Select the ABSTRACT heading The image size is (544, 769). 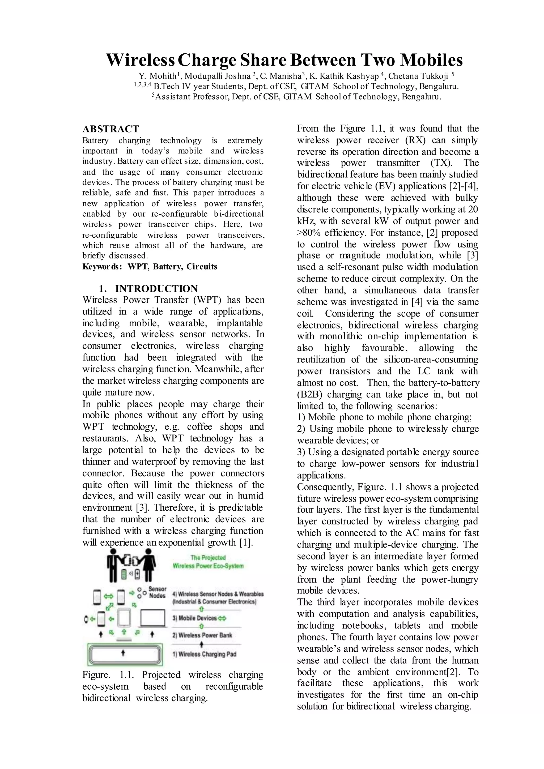point(110,129)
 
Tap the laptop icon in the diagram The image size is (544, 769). point(153,618)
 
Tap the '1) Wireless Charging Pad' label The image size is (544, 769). point(204,654)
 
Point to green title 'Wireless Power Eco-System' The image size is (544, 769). point(208,566)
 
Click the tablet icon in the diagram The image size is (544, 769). point(124,618)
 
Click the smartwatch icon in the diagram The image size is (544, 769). point(86,619)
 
